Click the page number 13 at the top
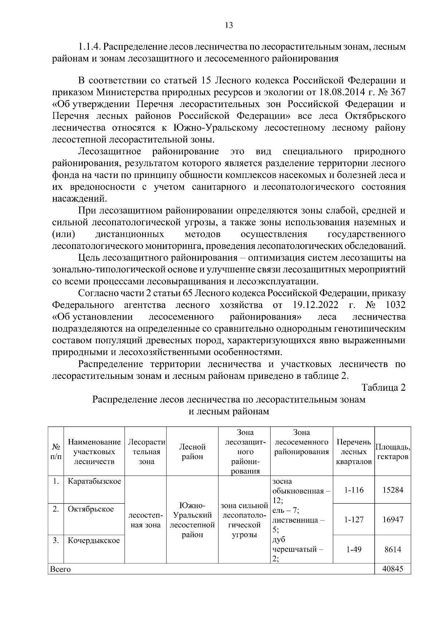(229, 25)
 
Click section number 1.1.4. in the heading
(90, 47)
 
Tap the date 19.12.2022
(315, 305)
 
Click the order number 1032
(395, 305)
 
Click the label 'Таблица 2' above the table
(383, 387)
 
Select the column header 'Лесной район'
(192, 451)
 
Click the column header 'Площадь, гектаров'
(393, 451)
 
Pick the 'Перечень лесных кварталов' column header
(354, 452)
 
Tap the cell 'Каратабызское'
(94, 482)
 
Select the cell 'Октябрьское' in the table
(91, 509)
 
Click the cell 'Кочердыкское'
(94, 540)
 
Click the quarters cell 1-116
(354, 490)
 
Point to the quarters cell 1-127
(354, 519)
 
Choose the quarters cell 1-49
(354, 549)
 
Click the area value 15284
(393, 490)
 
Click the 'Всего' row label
(60, 569)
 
